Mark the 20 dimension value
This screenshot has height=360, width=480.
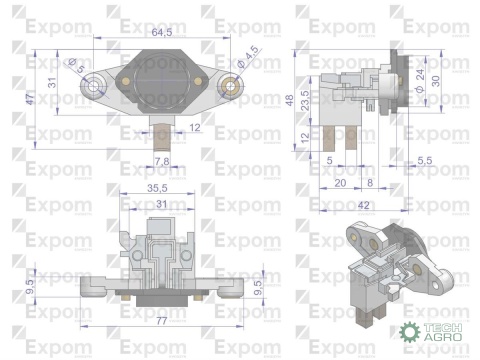340,183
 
